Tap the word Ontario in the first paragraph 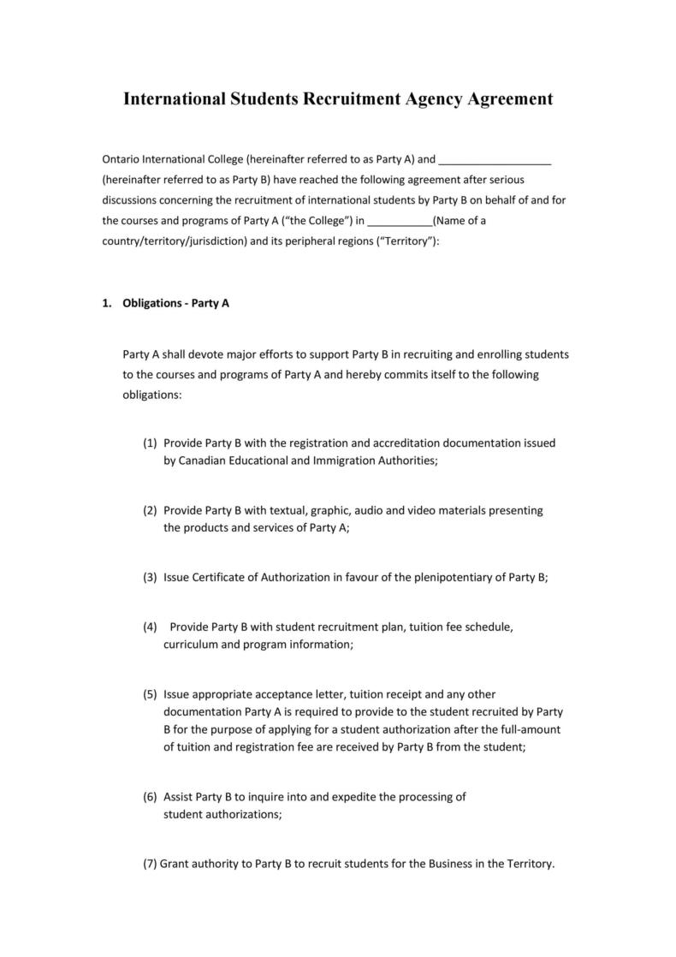pyautogui.click(x=121, y=159)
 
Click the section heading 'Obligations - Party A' pyautogui.click(x=176, y=303)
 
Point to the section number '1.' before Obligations pyautogui.click(x=107, y=303)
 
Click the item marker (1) pyautogui.click(x=150, y=443)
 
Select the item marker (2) pyautogui.click(x=150, y=510)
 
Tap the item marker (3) pyautogui.click(x=150, y=577)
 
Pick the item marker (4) pyautogui.click(x=150, y=627)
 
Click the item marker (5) pyautogui.click(x=150, y=694)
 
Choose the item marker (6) pyautogui.click(x=150, y=797)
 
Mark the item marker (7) pyautogui.click(x=150, y=864)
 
